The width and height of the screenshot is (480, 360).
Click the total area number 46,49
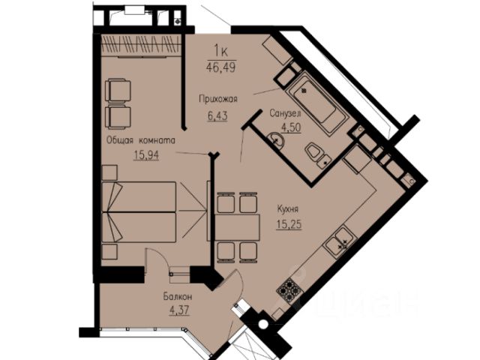pos(221,67)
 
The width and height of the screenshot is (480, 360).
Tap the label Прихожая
pos(218,99)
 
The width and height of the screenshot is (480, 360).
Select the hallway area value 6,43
pos(217,115)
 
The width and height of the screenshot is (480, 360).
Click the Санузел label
pos(285,113)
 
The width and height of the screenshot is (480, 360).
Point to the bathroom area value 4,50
pos(291,127)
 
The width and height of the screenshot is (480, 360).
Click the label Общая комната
pos(141,140)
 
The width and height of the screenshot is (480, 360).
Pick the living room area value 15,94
pos(146,155)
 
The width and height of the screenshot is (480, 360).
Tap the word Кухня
pos(287,209)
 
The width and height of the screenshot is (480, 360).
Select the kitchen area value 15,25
pos(289,224)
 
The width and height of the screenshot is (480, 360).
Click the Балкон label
pos(178,296)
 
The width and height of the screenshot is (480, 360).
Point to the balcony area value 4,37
pos(179,310)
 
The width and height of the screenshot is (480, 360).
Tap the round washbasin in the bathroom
pos(276,140)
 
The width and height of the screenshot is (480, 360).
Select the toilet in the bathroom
pos(317,155)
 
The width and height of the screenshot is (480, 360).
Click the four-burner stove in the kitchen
pos(288,290)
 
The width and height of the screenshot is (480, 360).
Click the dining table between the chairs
pos(237,227)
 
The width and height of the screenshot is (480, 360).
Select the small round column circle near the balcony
pos(262,325)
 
